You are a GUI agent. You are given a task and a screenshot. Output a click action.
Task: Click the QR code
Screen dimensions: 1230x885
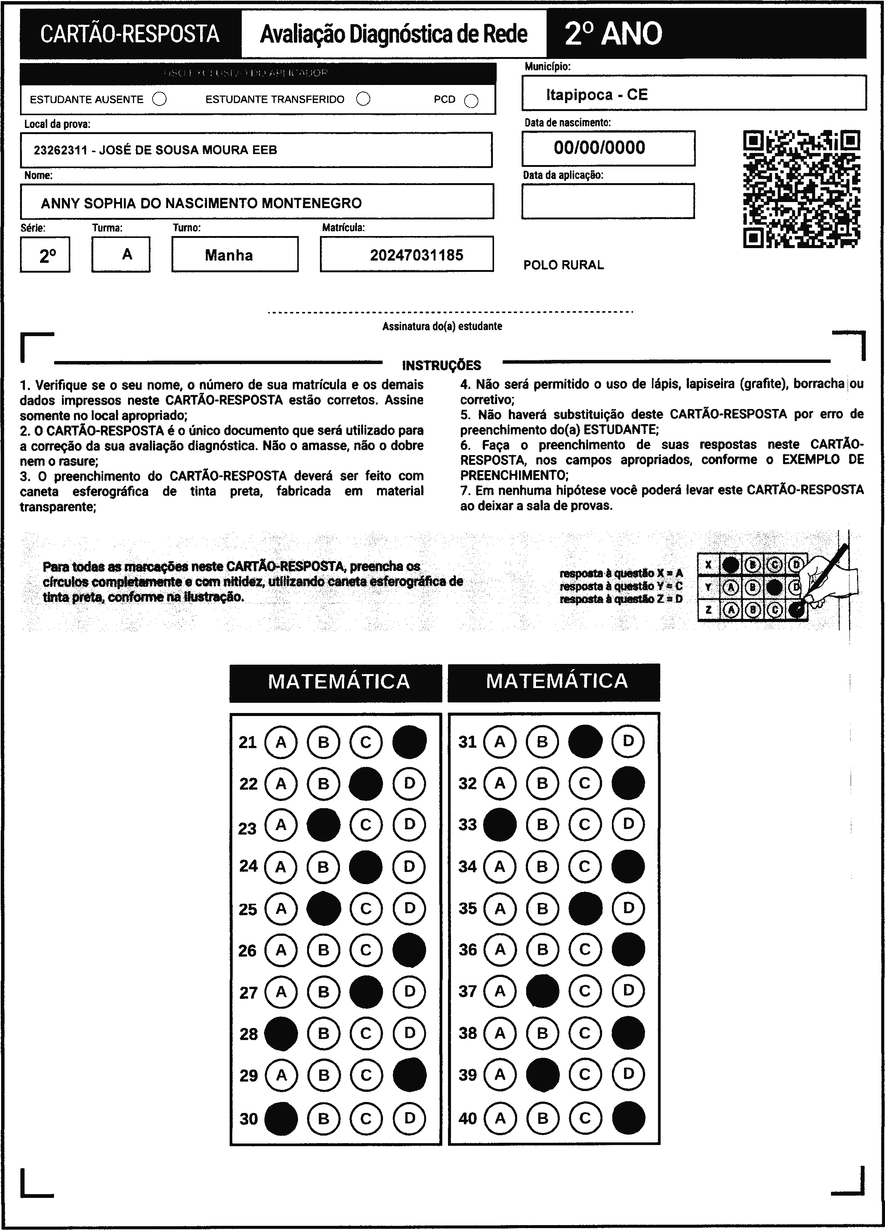(x=802, y=189)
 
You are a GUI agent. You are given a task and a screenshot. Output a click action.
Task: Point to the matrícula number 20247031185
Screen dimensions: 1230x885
(x=417, y=255)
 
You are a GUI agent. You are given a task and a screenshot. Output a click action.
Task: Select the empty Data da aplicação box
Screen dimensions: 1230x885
(x=608, y=201)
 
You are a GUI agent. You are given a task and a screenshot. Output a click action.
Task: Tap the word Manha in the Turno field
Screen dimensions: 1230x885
(x=229, y=255)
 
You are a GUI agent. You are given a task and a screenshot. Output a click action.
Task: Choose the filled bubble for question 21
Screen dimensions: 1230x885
(x=409, y=742)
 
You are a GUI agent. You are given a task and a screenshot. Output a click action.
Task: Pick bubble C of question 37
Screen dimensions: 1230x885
(x=585, y=991)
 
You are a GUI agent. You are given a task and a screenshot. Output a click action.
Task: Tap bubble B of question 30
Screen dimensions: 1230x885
(x=324, y=1118)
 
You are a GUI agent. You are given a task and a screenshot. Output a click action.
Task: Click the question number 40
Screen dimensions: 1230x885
(x=468, y=1118)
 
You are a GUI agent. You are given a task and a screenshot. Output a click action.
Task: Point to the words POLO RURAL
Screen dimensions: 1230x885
(x=564, y=265)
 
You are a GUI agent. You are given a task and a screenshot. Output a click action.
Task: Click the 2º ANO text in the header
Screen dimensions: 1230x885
(x=613, y=34)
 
